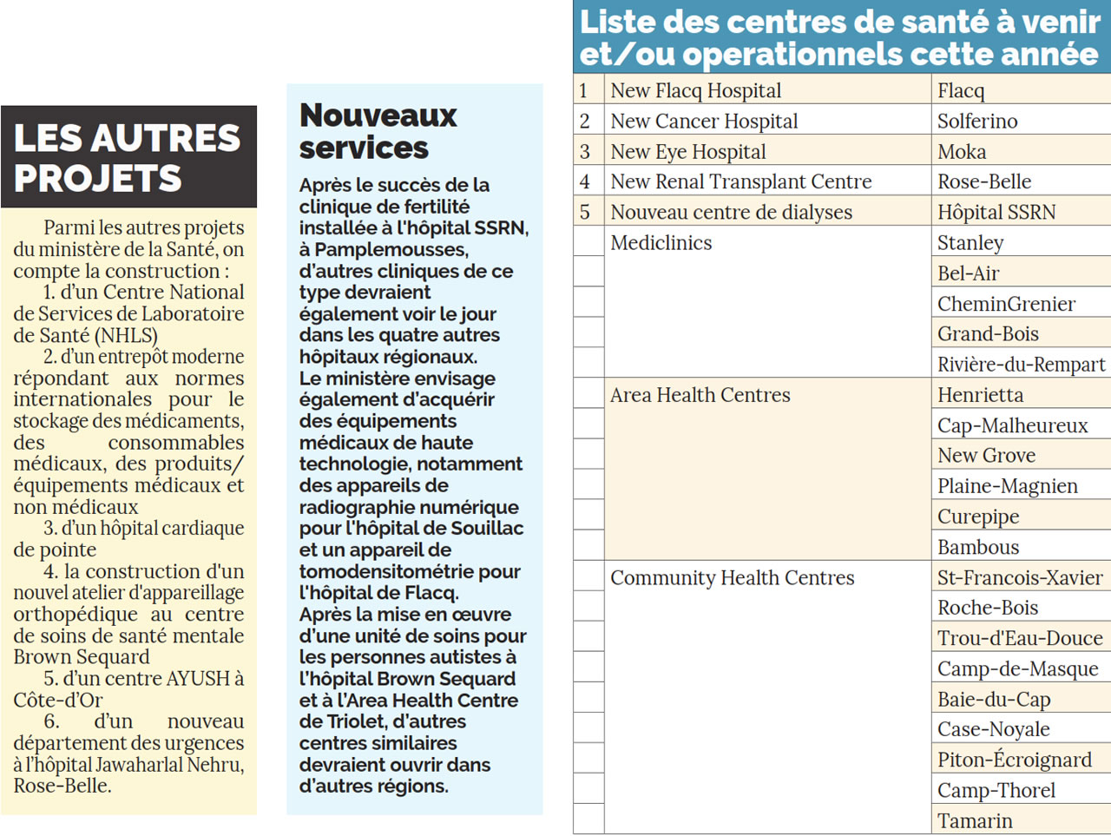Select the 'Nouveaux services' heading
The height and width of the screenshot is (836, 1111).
[x=378, y=131]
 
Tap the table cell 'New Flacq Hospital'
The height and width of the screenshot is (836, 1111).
[x=695, y=90]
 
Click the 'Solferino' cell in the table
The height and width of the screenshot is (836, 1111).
[x=977, y=121]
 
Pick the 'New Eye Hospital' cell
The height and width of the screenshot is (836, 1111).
[x=687, y=152]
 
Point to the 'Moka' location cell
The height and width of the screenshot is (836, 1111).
[x=962, y=152]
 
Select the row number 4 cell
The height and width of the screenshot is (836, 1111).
[x=585, y=181]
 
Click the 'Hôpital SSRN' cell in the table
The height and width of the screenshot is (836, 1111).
[x=996, y=212]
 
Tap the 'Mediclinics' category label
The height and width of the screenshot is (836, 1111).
[x=661, y=243]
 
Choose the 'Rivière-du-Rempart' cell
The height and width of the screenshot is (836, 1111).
[x=1021, y=365]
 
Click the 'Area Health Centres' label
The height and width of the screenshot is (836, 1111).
[x=700, y=395]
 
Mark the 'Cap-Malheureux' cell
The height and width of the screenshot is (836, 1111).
[x=1012, y=425]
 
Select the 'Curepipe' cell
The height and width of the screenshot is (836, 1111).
[x=978, y=517]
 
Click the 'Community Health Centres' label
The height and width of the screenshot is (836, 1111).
[x=732, y=578]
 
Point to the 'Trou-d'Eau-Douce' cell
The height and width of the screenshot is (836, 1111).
[x=1020, y=638]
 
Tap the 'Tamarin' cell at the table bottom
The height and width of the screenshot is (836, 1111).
[x=975, y=820]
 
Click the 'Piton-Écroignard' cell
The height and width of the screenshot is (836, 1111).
[x=1015, y=760]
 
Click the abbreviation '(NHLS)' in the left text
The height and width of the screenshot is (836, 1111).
[x=125, y=335]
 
